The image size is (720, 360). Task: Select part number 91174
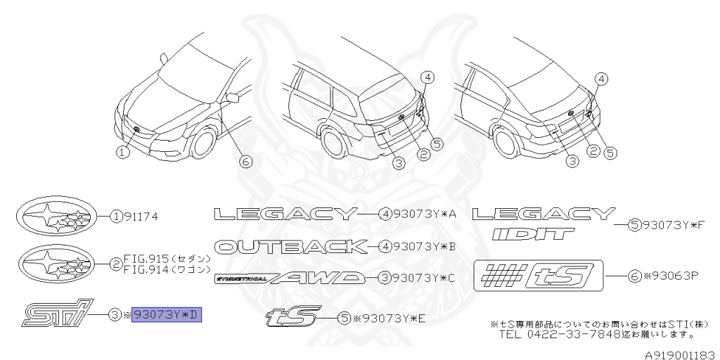point(140,217)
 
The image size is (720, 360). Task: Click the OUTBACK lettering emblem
point(291,246)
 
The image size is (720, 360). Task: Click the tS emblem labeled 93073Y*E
point(292,317)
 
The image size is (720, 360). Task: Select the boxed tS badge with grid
point(538,275)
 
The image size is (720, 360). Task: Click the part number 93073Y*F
point(674,225)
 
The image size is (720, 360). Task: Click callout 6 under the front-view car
point(245,162)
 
